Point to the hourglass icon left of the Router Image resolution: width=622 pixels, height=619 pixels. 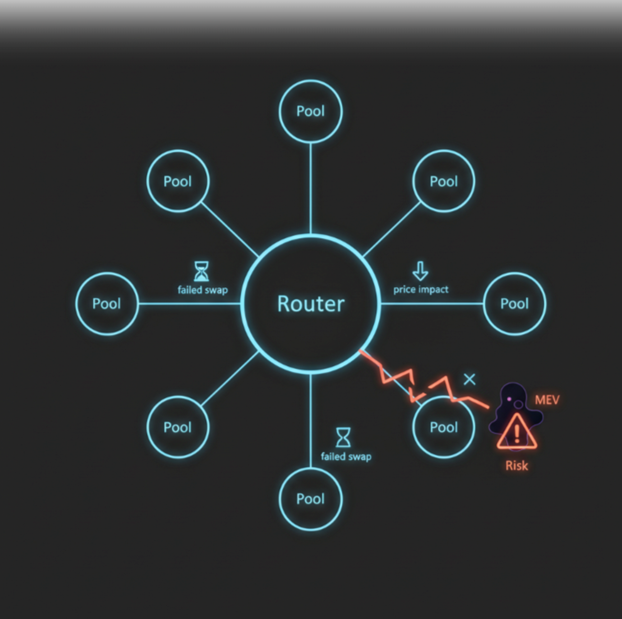coord(202,271)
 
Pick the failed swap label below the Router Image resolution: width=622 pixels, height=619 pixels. coord(346,457)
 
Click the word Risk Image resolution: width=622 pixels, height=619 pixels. coord(517,466)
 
